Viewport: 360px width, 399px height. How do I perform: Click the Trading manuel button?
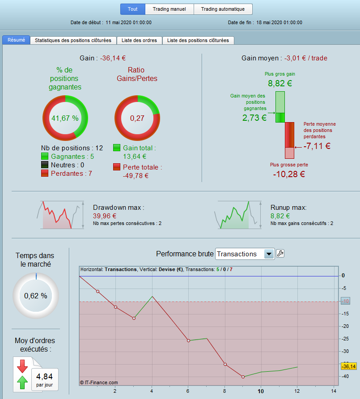(x=169, y=9)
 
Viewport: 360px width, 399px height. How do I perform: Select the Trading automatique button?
(x=223, y=9)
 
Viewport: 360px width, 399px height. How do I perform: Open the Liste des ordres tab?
(x=139, y=40)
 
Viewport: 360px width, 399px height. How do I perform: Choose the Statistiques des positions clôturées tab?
(x=73, y=40)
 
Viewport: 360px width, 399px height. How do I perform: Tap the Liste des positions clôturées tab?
(x=198, y=40)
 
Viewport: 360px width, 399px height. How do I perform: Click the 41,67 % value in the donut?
(x=65, y=118)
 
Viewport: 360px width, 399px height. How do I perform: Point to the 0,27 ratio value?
(x=137, y=118)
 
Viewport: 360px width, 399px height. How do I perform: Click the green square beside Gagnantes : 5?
(x=45, y=156)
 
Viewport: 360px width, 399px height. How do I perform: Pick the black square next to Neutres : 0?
(x=45, y=165)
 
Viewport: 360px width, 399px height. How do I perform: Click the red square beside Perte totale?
(x=117, y=167)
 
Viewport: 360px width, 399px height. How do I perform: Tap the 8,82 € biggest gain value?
(x=280, y=83)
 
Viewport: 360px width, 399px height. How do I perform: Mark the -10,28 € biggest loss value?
(x=289, y=174)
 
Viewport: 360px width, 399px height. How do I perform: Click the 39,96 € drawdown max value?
(x=105, y=216)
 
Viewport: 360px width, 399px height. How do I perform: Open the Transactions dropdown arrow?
(x=269, y=254)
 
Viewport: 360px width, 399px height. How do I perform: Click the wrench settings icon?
(x=280, y=254)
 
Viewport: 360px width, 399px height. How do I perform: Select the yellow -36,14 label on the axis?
(x=348, y=366)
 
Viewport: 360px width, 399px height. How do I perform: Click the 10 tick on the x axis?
(x=261, y=391)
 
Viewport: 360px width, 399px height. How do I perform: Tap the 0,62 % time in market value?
(x=36, y=296)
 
